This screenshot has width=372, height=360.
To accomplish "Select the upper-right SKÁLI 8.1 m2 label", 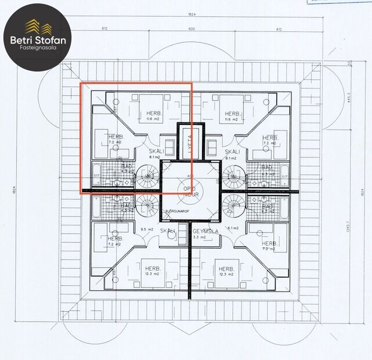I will (x=233, y=153).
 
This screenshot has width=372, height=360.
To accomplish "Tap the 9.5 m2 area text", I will (x=146, y=228).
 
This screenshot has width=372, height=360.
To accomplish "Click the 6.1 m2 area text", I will (x=234, y=228).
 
